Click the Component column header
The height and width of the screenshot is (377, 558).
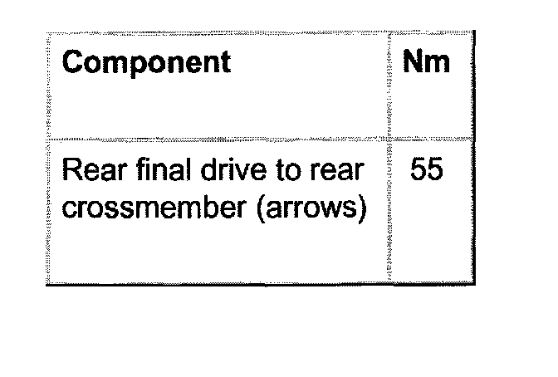146,63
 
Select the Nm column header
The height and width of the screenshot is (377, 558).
426,63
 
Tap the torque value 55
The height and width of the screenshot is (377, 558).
426,171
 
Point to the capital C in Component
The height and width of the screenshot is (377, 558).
74,63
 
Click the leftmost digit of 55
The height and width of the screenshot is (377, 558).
418,171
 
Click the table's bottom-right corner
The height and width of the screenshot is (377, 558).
473,285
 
